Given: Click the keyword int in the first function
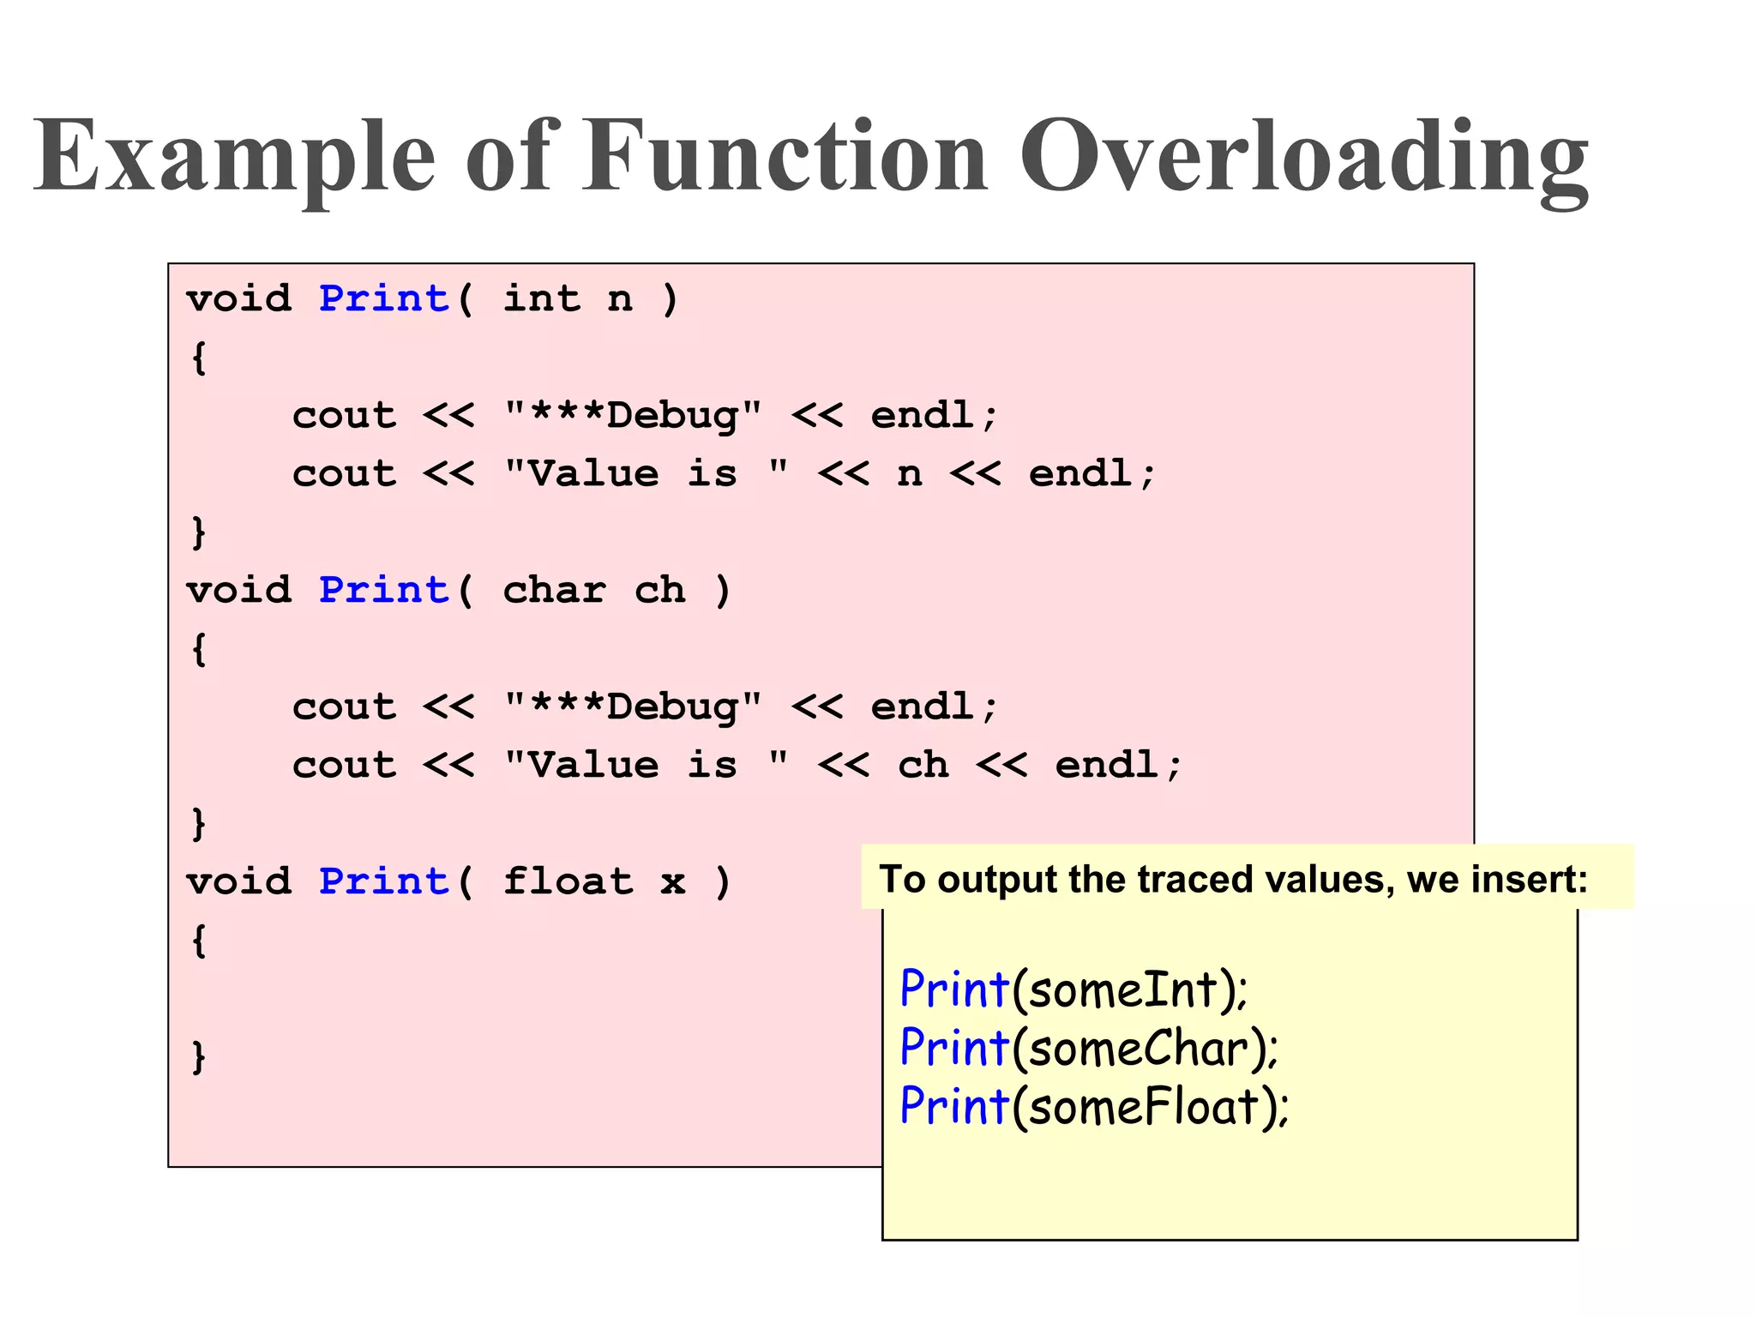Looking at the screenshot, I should click(x=541, y=298).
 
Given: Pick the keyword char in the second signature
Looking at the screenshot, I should click(x=554, y=590).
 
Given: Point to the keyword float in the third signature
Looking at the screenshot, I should click(x=568, y=881).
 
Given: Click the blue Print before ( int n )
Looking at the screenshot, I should click(x=384, y=298).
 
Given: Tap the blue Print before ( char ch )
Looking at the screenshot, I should click(x=384, y=590).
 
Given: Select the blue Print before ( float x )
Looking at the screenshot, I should click(x=384, y=881).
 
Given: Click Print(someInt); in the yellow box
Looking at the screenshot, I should click(x=1073, y=989).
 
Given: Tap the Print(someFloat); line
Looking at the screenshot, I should click(x=1094, y=1106).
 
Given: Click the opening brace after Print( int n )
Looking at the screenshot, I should click(x=199, y=358).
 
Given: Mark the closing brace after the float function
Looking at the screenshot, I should click(x=199, y=1057).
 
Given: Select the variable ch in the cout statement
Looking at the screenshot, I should click(x=923, y=765).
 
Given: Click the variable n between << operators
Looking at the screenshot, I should click(x=910, y=474).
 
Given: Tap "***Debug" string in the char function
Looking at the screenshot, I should click(x=633, y=707).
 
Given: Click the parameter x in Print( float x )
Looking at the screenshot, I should click(x=673, y=881).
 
